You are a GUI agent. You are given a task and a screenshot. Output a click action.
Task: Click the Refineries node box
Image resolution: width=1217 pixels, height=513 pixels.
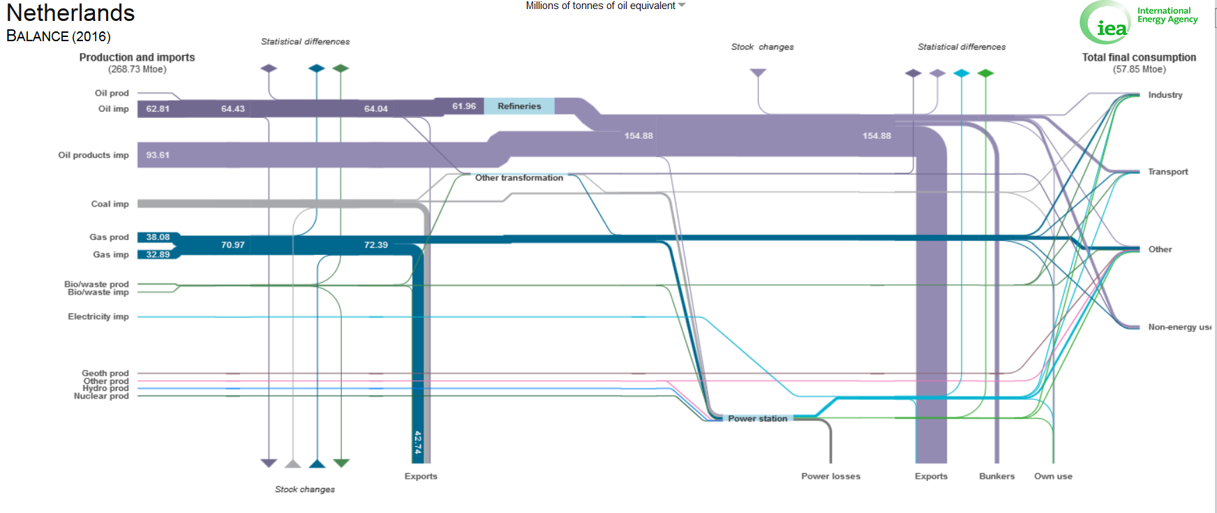click(519, 106)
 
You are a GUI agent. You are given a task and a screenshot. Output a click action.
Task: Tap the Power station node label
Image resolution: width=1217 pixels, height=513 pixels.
click(757, 419)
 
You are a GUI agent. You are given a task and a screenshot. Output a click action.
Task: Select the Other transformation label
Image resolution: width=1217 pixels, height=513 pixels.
click(518, 178)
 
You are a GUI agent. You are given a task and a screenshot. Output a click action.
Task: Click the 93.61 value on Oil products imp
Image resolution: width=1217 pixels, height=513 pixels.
click(158, 155)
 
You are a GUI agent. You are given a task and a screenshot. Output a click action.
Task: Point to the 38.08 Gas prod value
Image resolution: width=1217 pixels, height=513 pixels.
click(158, 237)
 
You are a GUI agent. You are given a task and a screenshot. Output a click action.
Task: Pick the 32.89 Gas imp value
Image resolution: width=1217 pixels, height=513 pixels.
click(158, 255)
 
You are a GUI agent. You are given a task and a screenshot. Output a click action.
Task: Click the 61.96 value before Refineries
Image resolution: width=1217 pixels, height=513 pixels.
click(464, 106)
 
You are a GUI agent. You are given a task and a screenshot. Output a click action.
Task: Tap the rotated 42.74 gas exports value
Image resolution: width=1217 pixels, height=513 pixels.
click(418, 443)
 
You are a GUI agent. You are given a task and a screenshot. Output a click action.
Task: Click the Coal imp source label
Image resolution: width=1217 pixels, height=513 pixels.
click(110, 204)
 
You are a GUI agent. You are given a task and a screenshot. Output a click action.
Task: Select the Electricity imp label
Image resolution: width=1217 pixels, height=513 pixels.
click(98, 317)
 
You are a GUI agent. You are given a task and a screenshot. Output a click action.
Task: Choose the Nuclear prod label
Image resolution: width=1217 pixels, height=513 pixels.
click(101, 396)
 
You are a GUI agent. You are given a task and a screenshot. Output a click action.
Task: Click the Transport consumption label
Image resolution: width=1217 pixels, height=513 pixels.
click(1167, 172)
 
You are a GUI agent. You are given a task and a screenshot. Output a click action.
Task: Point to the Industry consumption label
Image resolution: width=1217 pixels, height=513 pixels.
click(1165, 95)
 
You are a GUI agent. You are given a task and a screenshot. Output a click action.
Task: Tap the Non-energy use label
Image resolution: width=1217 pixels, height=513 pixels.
click(1179, 327)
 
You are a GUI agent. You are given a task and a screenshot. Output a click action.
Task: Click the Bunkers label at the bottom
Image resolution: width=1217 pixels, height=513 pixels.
click(996, 476)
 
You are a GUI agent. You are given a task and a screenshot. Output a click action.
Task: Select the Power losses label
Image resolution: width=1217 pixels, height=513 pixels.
click(830, 476)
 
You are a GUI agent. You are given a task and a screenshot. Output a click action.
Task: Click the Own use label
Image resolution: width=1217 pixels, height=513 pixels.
click(1053, 476)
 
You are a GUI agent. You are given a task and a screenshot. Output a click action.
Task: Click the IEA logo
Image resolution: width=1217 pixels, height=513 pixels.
click(1105, 23)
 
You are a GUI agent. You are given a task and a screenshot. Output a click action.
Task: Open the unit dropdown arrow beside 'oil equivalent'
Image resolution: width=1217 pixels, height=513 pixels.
click(682, 6)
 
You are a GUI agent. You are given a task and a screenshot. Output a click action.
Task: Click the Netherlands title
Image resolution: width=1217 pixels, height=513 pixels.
click(70, 13)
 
